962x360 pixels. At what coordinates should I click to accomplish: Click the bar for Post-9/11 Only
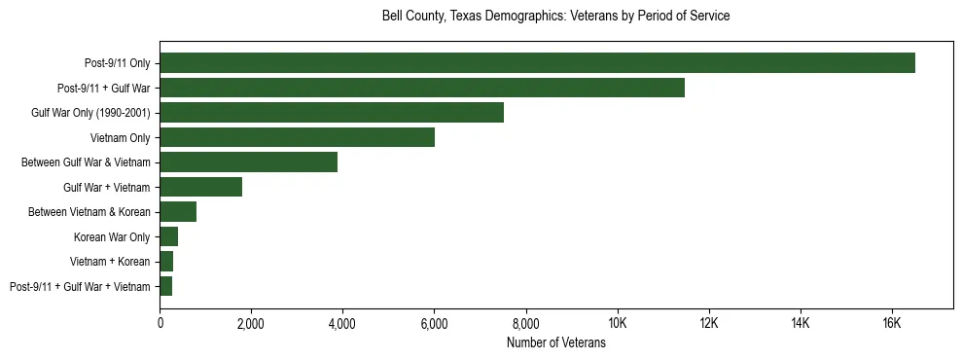coord(537,63)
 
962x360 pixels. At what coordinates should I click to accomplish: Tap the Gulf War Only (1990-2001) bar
coord(332,113)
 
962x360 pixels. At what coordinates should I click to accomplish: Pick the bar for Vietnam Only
coord(297,137)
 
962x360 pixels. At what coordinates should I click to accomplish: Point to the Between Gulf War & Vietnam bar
coord(248,162)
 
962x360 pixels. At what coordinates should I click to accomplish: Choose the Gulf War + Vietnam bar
coord(201,187)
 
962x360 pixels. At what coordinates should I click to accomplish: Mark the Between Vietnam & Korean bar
coord(178,212)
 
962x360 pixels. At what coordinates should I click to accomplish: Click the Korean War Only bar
coord(169,236)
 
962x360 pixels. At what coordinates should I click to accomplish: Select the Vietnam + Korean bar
coord(166,262)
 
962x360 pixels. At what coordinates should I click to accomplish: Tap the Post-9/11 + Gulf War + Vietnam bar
coord(166,286)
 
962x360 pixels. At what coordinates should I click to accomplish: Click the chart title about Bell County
coord(555,17)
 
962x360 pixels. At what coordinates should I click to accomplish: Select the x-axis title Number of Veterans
coord(555,342)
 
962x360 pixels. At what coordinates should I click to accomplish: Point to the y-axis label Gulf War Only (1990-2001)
coord(90,113)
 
